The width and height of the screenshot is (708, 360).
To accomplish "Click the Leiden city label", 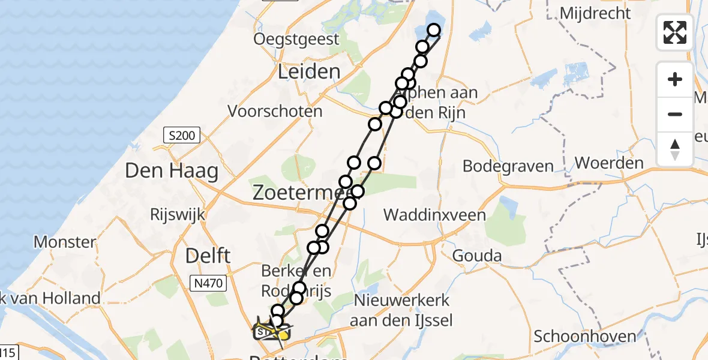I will click(x=309, y=72).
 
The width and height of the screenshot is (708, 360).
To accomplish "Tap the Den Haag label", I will click(x=172, y=172).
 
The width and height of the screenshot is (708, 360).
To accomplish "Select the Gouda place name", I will click(x=477, y=256).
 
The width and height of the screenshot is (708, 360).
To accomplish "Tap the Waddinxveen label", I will click(x=434, y=215).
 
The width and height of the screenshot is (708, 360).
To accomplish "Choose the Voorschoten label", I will click(x=275, y=111).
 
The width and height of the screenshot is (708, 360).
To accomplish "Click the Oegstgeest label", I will click(x=296, y=40).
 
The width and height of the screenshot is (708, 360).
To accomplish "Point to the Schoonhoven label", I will click(x=584, y=336).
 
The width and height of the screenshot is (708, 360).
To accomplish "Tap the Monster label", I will click(x=65, y=242).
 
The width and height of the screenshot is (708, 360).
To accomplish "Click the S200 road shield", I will click(x=182, y=136).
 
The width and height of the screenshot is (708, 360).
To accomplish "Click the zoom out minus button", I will click(x=675, y=114).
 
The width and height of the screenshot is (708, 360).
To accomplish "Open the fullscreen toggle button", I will click(x=675, y=32).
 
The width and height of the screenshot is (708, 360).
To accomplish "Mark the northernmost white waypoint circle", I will click(x=434, y=30).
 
